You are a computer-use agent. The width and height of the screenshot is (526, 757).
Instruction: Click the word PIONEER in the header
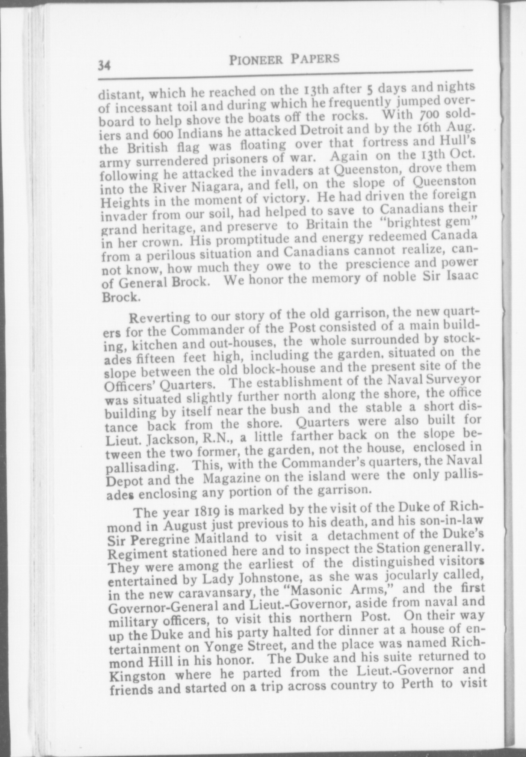255,60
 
